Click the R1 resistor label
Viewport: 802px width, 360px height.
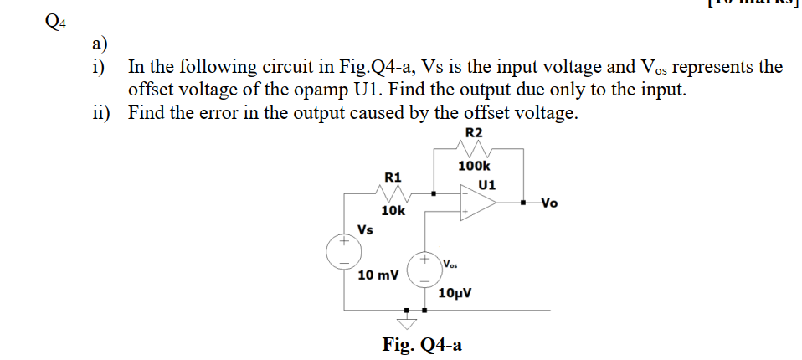[x=393, y=177]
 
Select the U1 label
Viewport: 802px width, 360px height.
[x=487, y=184]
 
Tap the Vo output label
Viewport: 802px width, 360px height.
[x=548, y=203]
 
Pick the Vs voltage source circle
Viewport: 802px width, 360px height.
[x=343, y=251]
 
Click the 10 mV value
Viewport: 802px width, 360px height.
[x=378, y=275]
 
